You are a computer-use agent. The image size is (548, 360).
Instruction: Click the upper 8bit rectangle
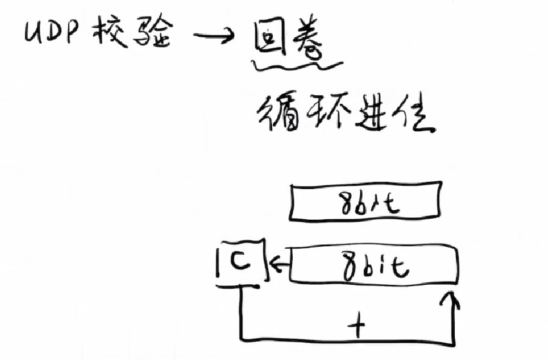[x=366, y=203]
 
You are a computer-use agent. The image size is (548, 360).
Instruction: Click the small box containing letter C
[x=241, y=261]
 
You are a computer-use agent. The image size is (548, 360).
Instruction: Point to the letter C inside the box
[x=243, y=262]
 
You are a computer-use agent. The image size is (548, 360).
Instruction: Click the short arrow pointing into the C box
[x=279, y=262]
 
